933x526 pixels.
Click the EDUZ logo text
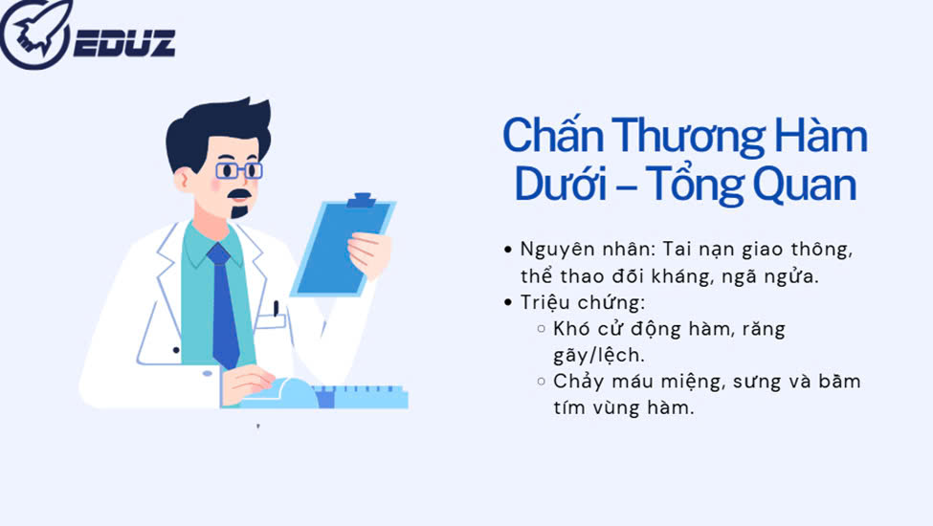tap(125, 43)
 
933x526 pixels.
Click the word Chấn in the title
tap(553, 136)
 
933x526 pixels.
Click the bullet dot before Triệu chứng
tap(507, 302)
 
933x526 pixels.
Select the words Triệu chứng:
tap(583, 302)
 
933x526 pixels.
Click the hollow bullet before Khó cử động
tap(541, 328)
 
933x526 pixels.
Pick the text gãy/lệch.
tap(599, 356)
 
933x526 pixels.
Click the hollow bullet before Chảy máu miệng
tap(541, 381)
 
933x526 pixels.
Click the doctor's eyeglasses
tap(238, 170)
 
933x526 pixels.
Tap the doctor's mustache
tap(240, 194)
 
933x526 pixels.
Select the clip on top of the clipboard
tap(362, 200)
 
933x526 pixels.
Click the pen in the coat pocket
tap(277, 309)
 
